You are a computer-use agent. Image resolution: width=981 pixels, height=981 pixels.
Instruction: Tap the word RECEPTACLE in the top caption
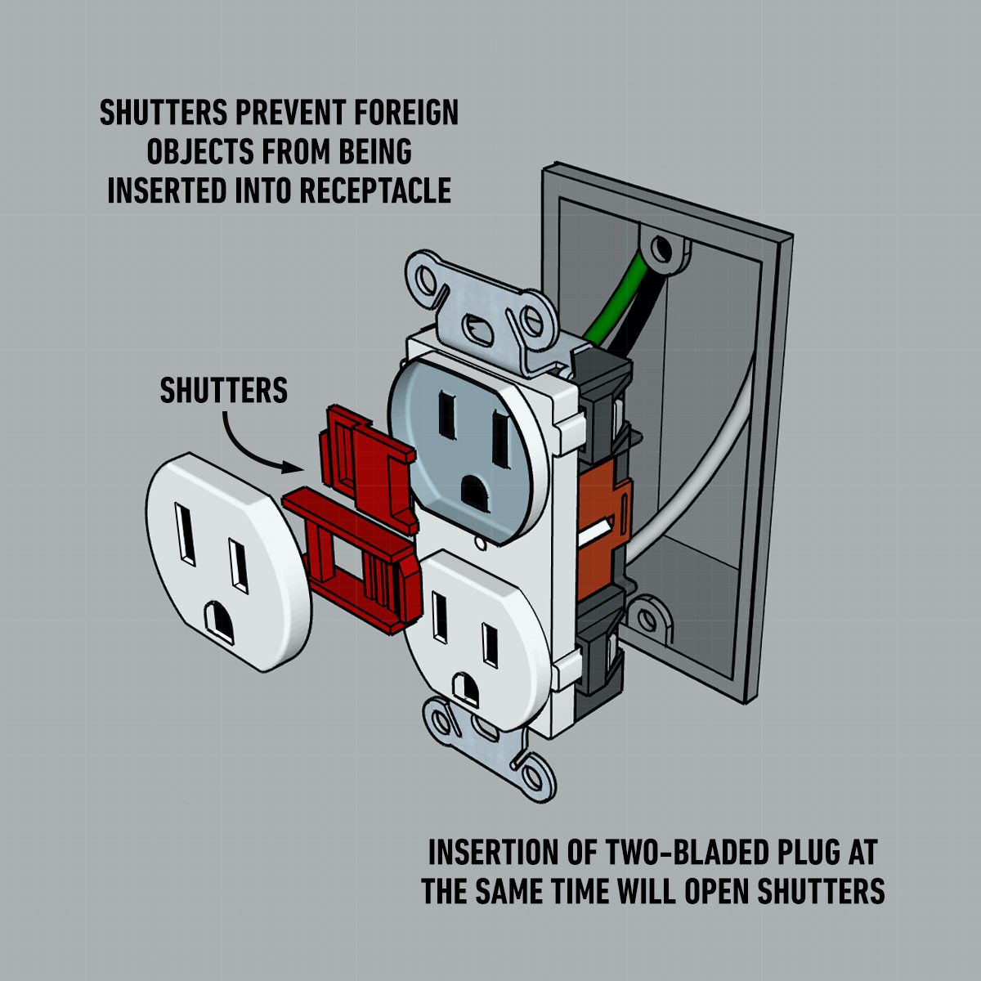coord(375,190)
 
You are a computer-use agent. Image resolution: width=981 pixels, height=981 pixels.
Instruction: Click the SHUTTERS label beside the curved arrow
coord(223,391)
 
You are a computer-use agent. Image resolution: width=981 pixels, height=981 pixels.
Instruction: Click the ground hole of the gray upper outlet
coord(474,492)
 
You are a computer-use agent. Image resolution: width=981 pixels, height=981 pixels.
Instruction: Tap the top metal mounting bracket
coord(482,311)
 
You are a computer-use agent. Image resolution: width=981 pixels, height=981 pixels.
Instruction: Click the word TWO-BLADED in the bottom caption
coord(662,853)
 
